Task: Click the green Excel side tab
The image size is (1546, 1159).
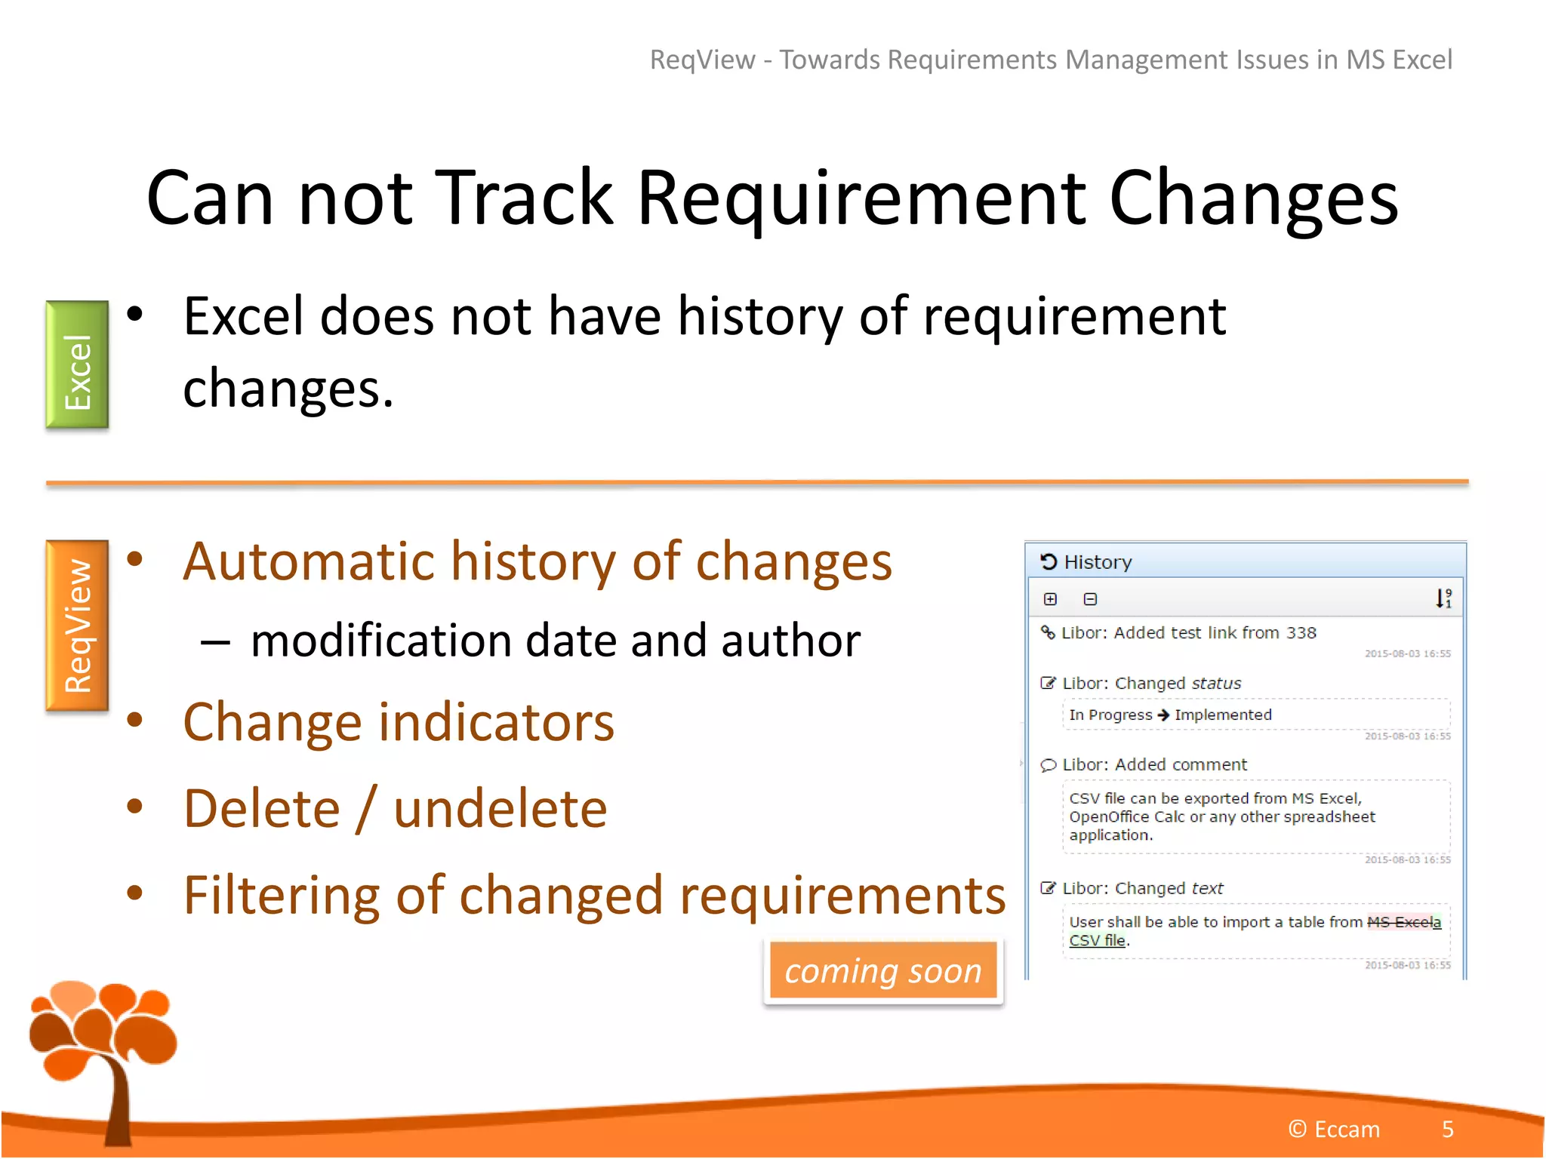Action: point(77,365)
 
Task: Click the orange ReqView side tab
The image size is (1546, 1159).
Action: point(77,625)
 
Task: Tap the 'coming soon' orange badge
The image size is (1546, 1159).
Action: point(882,970)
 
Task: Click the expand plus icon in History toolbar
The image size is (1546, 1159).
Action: point(1050,599)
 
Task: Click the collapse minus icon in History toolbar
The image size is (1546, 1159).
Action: point(1090,599)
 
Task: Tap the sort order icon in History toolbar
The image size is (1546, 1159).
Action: point(1443,598)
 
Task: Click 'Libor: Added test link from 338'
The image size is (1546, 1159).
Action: point(1188,632)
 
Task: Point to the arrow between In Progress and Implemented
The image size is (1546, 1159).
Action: point(1163,715)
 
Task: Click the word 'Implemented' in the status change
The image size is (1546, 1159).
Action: point(1223,715)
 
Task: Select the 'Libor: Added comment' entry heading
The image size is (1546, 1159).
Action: point(1154,764)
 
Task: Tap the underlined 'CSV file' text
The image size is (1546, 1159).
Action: point(1097,940)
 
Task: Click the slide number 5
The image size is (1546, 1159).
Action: point(1447,1129)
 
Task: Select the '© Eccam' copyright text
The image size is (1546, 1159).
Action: point(1334,1129)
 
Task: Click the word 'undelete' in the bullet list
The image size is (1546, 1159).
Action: point(500,809)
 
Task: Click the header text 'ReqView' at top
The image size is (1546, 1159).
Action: point(702,60)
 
